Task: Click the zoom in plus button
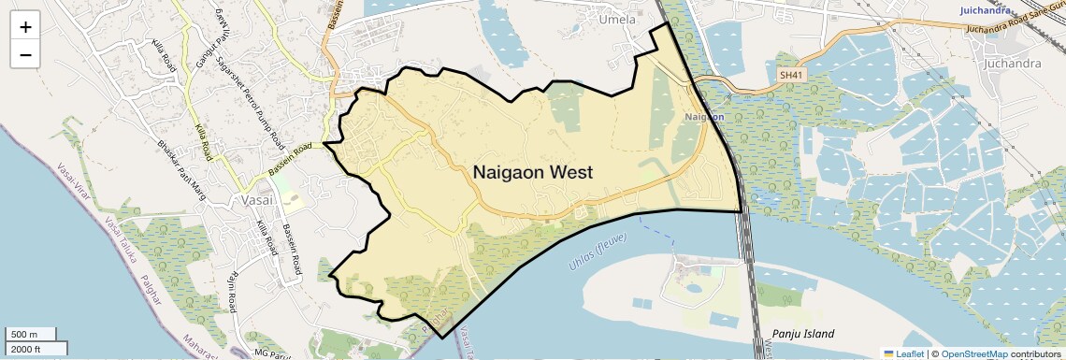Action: (x=25, y=27)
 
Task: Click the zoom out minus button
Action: (x=25, y=54)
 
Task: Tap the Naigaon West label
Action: (x=532, y=173)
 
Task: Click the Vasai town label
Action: (x=253, y=200)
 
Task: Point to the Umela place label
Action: (x=617, y=19)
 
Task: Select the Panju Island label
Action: (x=803, y=334)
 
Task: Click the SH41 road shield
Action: (x=790, y=74)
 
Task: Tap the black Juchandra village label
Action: (x=1013, y=64)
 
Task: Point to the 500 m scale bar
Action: (x=33, y=334)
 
